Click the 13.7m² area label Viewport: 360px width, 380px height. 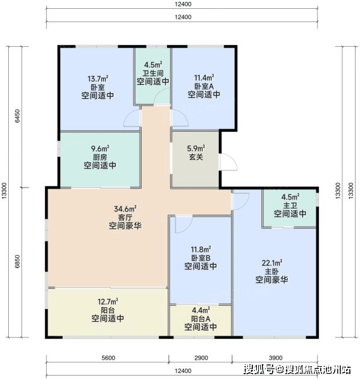tap(98, 79)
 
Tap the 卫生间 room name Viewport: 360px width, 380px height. tap(152, 73)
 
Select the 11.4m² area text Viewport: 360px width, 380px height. tap(204, 77)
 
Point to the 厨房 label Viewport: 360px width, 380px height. tap(100, 157)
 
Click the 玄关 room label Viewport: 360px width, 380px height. tap(196, 157)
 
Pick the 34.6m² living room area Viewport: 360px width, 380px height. tap(125, 208)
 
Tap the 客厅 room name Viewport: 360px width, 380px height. tap(125, 217)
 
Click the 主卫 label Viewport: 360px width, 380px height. tap(290, 205)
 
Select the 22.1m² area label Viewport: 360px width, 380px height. tap(272, 263)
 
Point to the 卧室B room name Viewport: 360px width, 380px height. tap(201, 258)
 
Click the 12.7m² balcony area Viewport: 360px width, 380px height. tap(108, 301)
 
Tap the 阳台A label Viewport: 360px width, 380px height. tap(201, 319)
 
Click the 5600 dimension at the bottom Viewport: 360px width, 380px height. tap(108, 358)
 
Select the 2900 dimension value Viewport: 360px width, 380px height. tap(201, 358)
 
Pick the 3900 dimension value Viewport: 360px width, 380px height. tap(275, 358)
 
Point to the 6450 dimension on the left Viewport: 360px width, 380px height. tap(18, 116)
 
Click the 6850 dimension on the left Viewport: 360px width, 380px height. tap(18, 261)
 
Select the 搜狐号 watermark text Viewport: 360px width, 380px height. tap(259, 369)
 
